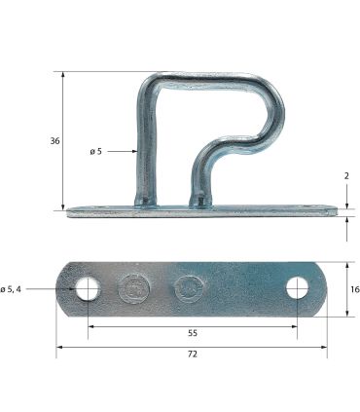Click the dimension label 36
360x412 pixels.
pos(55,141)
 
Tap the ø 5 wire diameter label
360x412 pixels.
pos(95,151)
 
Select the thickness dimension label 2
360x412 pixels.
pos(346,176)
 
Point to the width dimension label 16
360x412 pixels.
pos(355,289)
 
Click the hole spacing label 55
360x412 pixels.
pos(193,333)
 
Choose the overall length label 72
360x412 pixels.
pos(193,354)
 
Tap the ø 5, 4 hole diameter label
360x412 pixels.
pos(11,289)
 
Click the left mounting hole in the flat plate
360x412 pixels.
pos(88,288)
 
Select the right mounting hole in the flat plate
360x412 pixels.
pos(297,288)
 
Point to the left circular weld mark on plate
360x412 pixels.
pos(134,288)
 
